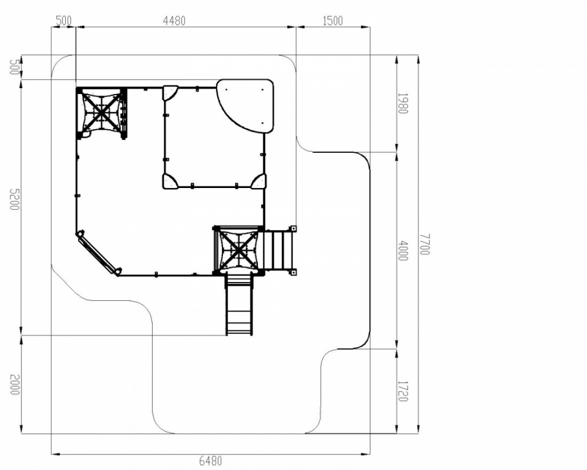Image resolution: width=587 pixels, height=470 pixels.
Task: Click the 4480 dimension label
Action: point(174,21)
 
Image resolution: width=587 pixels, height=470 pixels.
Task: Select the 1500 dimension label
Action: point(332,21)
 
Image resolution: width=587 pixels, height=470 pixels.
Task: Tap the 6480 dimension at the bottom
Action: point(210,460)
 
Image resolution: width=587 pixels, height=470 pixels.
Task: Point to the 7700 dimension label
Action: point(425,244)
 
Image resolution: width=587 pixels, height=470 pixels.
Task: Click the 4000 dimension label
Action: point(402,250)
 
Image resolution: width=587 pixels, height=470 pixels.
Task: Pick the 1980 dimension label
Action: point(402,103)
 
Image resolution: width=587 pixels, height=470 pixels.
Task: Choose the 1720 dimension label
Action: point(402,391)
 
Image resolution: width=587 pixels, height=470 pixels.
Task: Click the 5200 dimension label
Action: point(13,199)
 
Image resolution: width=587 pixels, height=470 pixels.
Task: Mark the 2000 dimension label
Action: point(13,384)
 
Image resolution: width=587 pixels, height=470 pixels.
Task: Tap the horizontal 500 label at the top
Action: point(64,21)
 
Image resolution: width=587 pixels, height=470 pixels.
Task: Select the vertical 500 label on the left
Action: point(13,67)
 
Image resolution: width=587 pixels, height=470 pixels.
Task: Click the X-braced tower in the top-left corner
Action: point(101,113)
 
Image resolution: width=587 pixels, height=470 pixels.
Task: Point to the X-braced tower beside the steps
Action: point(238,249)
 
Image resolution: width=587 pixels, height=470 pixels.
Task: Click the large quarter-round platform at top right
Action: point(247,106)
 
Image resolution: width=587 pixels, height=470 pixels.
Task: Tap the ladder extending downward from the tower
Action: point(239,304)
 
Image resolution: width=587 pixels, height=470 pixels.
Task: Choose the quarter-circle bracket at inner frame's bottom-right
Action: point(258,181)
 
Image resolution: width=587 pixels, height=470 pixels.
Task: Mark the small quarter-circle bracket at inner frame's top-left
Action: point(170,92)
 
